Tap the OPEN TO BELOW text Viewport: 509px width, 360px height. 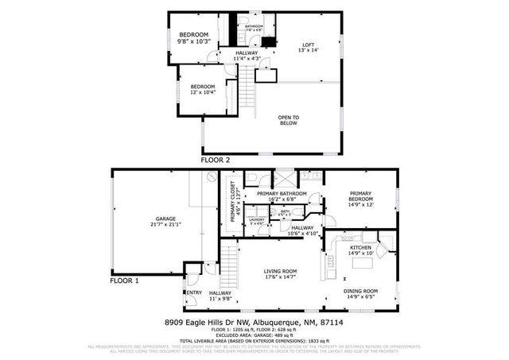[288, 119]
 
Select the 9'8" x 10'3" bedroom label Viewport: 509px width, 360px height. [193, 38]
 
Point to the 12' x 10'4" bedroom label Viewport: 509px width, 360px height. [202, 89]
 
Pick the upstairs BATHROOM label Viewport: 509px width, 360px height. [254, 28]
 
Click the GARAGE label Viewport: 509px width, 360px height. [165, 222]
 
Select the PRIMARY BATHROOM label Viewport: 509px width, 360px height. [282, 196]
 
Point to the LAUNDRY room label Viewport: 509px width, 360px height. [257, 222]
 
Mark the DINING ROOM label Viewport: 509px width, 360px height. [360, 294]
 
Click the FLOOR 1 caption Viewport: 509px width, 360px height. [124, 281]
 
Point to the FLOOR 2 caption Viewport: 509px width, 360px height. [216, 161]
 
